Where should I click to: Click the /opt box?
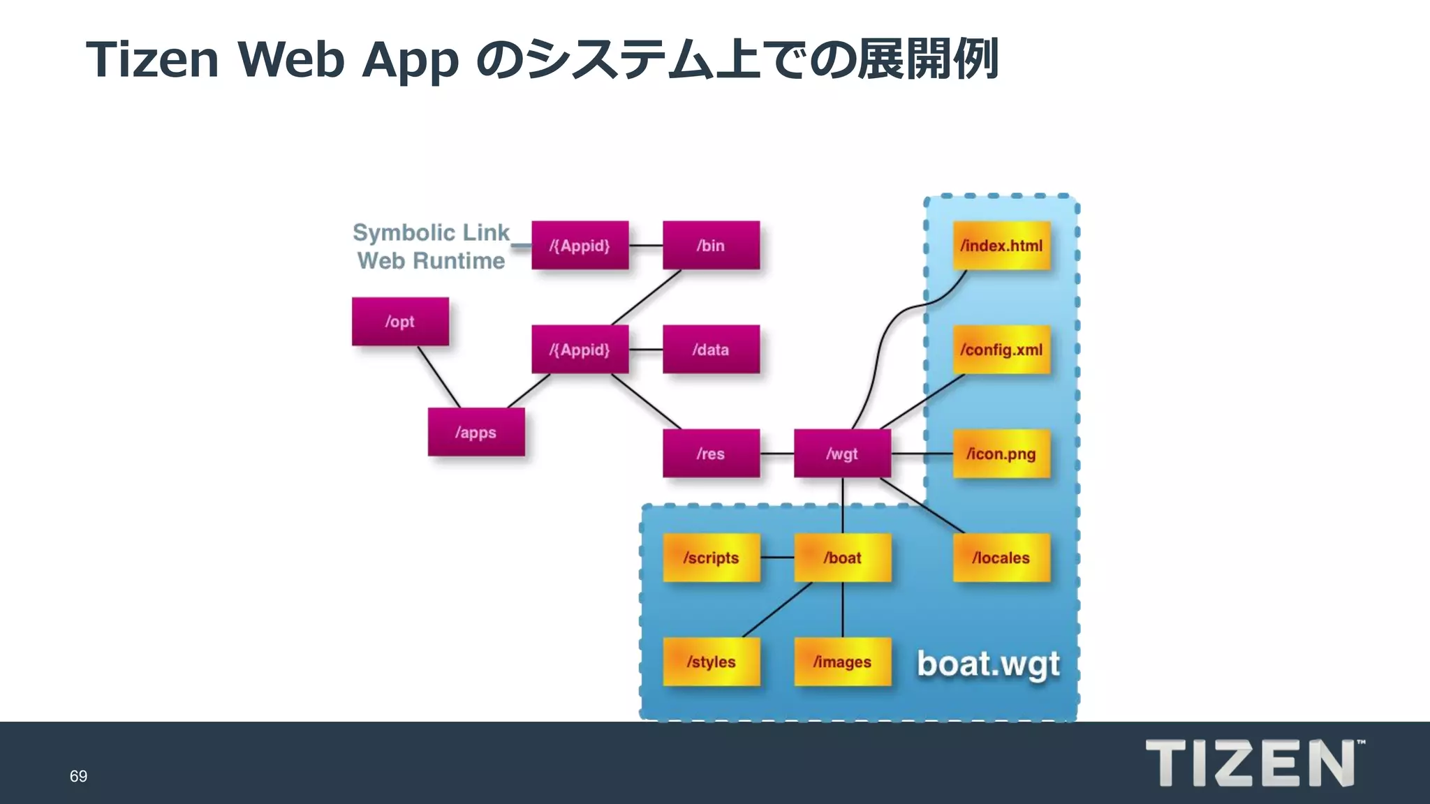[400, 322]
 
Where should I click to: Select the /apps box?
[476, 433]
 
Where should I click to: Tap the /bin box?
[711, 246]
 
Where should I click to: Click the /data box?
[711, 350]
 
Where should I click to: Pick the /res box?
[711, 454]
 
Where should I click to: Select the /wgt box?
[842, 454]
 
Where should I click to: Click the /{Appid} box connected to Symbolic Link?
[580, 246]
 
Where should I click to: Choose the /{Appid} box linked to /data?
[580, 350]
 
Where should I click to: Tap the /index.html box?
[1001, 246]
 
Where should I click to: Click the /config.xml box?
[1001, 350]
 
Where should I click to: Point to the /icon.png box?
[1001, 454]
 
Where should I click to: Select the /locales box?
[1001, 558]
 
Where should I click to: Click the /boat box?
[842, 558]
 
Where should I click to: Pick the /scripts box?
[711, 558]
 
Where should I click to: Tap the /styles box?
[711, 662]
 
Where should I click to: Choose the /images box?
[842, 662]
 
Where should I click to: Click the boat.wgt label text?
[988, 664]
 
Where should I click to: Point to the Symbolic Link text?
[431, 232]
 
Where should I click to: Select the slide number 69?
[78, 776]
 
